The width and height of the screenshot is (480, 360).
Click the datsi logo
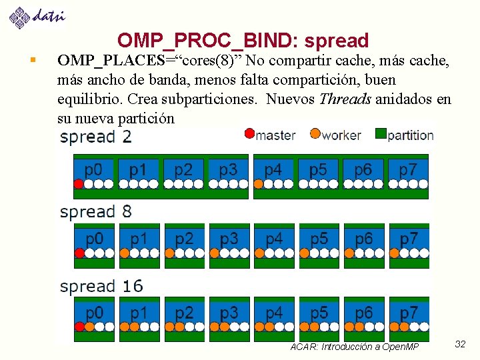[x=37, y=17]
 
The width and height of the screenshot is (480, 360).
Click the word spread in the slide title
[x=336, y=41]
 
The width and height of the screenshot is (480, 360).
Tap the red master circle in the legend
[x=249, y=134]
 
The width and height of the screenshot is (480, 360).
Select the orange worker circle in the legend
[x=315, y=134]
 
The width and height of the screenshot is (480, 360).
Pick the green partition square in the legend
[x=381, y=134]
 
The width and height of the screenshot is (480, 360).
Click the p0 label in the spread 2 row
[x=93, y=169]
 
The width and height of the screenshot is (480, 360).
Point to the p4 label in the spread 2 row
[x=273, y=169]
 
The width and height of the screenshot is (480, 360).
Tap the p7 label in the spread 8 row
[x=408, y=238]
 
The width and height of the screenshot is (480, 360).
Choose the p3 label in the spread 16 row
[x=229, y=313]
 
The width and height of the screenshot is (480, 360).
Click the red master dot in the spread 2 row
[x=79, y=184]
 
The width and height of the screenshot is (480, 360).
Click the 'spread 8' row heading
[x=96, y=212]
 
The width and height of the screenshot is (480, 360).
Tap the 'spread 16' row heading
[x=101, y=287]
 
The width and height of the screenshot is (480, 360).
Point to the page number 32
[x=460, y=344]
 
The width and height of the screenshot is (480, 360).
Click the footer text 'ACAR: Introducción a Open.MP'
[x=355, y=347]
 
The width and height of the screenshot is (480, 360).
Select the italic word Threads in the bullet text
[x=345, y=99]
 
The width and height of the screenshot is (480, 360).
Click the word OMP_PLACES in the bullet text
[x=111, y=61]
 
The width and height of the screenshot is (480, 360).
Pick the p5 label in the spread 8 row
[x=319, y=238]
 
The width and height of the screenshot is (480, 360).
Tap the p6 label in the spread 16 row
[x=363, y=313]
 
